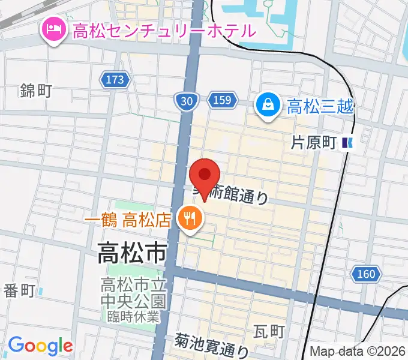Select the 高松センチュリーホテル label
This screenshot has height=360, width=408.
coord(164,30)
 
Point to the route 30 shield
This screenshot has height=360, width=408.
coord(187,102)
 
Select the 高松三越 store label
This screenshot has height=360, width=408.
coord(320,107)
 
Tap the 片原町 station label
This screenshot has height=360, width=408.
coord(312,143)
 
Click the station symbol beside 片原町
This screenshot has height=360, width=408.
coord(347,143)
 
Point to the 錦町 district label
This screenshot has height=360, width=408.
coord(36,91)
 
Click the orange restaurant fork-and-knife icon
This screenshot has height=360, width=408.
coord(190,218)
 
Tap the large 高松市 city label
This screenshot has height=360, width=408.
coord(132,254)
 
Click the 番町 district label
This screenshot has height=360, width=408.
coord(20,291)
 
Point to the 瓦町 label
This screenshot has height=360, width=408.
coord(268,331)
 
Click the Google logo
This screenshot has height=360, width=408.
coord(40,346)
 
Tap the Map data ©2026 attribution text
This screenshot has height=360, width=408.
coord(358,351)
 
